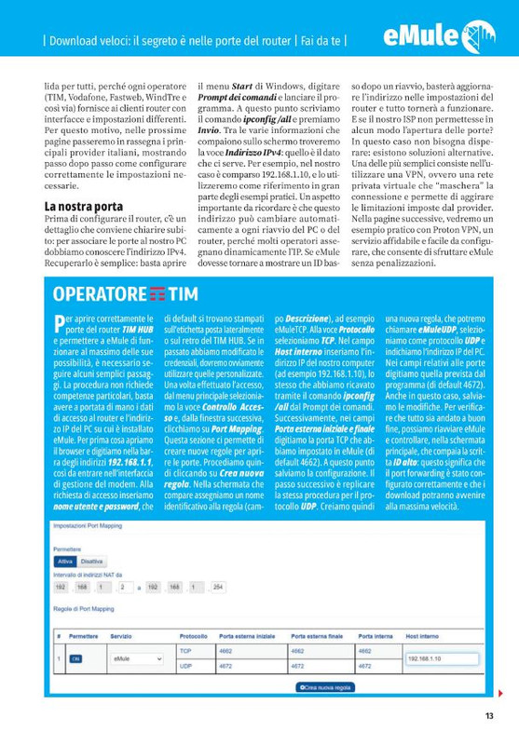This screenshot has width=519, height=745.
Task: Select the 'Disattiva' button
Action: pos(91,562)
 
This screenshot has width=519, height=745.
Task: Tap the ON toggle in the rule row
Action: pos(75,658)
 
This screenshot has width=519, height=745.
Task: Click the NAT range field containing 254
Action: pos(218,589)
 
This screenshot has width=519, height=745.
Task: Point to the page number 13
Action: pos(489,716)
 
